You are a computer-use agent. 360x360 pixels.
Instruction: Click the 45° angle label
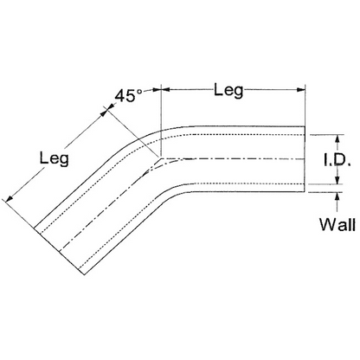click(x=129, y=95)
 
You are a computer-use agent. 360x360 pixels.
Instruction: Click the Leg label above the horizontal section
click(x=228, y=90)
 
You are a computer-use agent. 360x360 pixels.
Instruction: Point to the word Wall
click(x=337, y=224)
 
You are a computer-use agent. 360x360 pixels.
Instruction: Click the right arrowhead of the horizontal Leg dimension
click(x=301, y=90)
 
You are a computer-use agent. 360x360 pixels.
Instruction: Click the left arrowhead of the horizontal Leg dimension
click(x=164, y=90)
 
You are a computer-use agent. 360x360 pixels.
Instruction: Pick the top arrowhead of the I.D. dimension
click(x=337, y=138)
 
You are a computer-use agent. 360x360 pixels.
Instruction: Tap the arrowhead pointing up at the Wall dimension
click(x=337, y=196)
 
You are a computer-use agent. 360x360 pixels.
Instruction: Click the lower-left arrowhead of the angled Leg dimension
click(x=10, y=198)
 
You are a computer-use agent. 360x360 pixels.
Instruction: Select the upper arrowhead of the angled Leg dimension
click(x=104, y=112)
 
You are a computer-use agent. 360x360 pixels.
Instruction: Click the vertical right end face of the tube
click(x=305, y=159)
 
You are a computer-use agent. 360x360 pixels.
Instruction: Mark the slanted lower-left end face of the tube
click(x=59, y=251)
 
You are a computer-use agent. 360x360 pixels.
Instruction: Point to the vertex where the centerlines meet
click(x=161, y=158)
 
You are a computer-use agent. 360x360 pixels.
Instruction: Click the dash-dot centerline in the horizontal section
click(x=233, y=159)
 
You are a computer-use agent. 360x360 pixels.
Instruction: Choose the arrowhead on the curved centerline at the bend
click(x=147, y=172)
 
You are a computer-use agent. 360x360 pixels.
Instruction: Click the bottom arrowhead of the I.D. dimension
click(x=337, y=180)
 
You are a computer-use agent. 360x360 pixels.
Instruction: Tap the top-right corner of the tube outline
click(x=305, y=126)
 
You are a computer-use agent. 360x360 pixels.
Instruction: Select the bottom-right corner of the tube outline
click(x=305, y=192)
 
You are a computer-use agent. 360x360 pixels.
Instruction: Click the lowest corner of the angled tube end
click(x=84, y=274)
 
